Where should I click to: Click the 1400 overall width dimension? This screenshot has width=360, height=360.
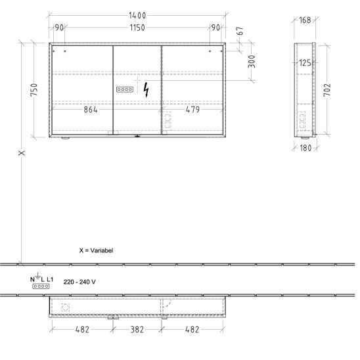137,16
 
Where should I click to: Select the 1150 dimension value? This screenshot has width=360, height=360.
137,28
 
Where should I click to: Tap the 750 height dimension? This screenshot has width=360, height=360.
34,90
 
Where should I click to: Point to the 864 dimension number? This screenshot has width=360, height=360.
91,110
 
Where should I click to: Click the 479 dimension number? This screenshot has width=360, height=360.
192,110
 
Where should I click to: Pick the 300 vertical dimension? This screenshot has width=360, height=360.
252,61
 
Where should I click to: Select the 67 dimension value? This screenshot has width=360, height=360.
240,31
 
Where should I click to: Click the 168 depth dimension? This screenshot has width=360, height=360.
305,20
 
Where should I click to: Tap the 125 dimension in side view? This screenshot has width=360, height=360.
305,62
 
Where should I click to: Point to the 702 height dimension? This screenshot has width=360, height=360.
327,90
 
